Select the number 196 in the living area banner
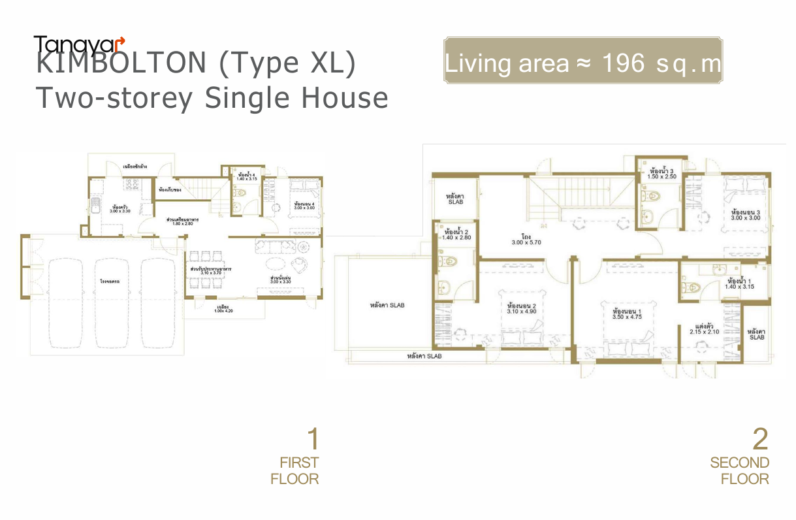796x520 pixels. click(626, 63)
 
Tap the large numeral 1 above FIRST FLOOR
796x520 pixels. click(313, 440)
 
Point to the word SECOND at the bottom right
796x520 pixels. click(739, 463)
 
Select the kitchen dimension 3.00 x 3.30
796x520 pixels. click(119, 212)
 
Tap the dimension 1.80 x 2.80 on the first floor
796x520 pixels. click(183, 224)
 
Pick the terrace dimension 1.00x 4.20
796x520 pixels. click(223, 311)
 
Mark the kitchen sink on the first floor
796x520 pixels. click(95, 208)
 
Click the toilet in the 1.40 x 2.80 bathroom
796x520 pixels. click(450, 261)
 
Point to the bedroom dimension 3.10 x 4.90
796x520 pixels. click(521, 311)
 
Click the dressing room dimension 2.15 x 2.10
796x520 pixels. click(703, 331)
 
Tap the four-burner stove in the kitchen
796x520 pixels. click(133, 185)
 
